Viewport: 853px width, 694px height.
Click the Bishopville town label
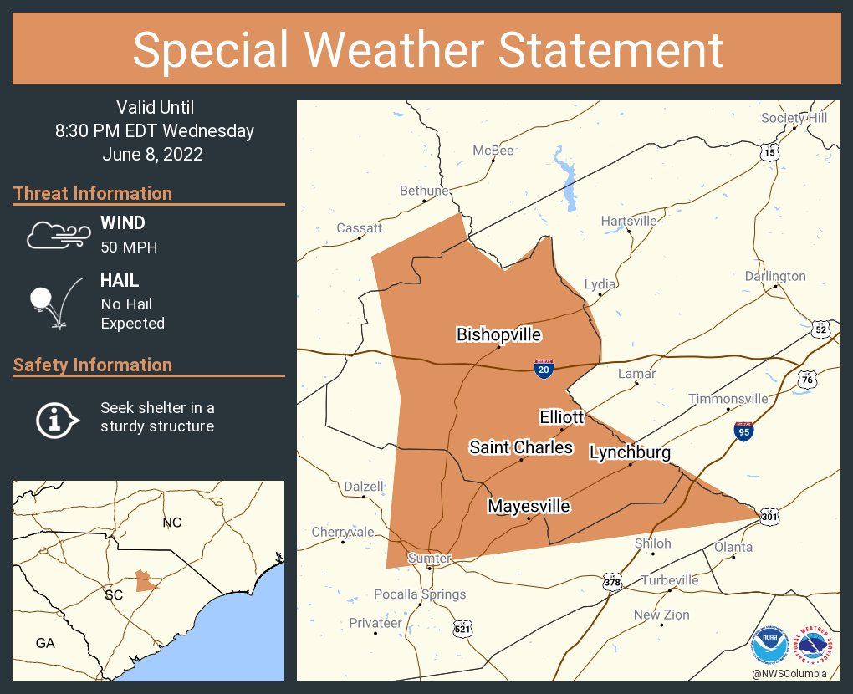click(x=498, y=334)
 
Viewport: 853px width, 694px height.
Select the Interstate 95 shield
click(x=743, y=431)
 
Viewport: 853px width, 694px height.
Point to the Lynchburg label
click(x=630, y=452)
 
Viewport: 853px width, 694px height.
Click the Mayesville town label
click(x=529, y=506)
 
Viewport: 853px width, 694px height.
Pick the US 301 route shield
click(x=770, y=518)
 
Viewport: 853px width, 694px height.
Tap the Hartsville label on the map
click(x=629, y=222)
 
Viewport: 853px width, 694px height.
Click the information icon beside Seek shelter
click(x=56, y=419)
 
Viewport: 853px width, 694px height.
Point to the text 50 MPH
click(x=129, y=247)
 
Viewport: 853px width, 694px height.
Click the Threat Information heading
click(x=93, y=193)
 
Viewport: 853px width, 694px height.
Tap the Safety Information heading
click(x=93, y=365)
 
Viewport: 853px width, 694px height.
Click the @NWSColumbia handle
click(x=789, y=674)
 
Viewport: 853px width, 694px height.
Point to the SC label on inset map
click(x=114, y=595)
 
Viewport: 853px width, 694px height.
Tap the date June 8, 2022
click(x=153, y=155)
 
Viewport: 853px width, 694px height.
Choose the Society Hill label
click(x=794, y=118)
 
